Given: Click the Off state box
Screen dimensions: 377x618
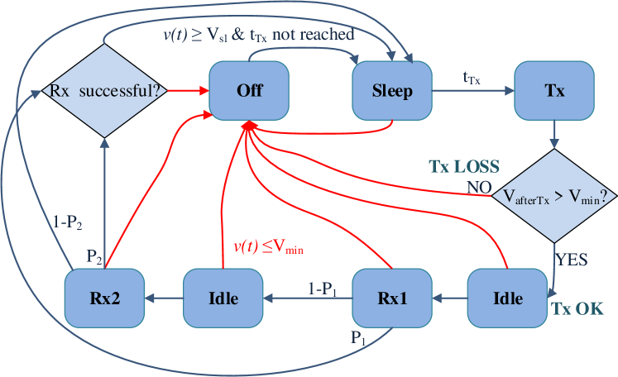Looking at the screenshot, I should pyautogui.click(x=250, y=90).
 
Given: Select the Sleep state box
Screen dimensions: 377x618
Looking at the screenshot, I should pyautogui.click(x=393, y=90).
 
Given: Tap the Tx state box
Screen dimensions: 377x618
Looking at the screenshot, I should pyautogui.click(x=554, y=90).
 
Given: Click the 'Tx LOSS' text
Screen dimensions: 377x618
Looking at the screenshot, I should pyautogui.click(x=463, y=165).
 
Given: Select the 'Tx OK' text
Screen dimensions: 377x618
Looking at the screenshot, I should pyautogui.click(x=577, y=309).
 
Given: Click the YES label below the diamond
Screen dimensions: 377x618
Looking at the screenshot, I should pyautogui.click(x=571, y=259).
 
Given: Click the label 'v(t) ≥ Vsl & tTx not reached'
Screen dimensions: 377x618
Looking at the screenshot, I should pyautogui.click(x=257, y=34).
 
